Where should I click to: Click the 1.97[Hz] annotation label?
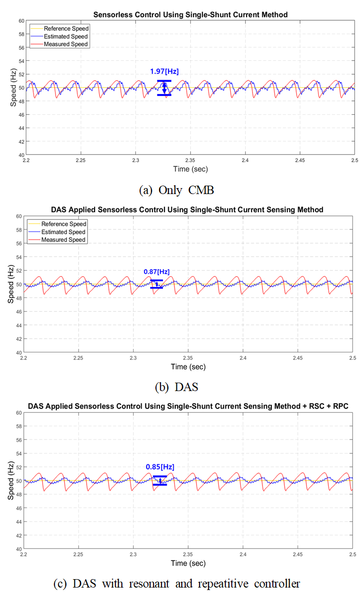tap(164, 71)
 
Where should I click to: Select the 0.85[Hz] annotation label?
tap(160, 467)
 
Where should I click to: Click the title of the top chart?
tap(190, 15)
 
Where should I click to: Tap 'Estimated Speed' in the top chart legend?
tap(65, 36)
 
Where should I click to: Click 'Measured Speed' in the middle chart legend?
tap(63, 240)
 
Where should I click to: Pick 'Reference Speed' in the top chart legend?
tap(65, 29)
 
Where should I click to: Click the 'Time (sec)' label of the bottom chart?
tap(188, 563)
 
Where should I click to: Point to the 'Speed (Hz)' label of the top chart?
tap(13, 88)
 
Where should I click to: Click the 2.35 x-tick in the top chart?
tap(190, 160)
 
